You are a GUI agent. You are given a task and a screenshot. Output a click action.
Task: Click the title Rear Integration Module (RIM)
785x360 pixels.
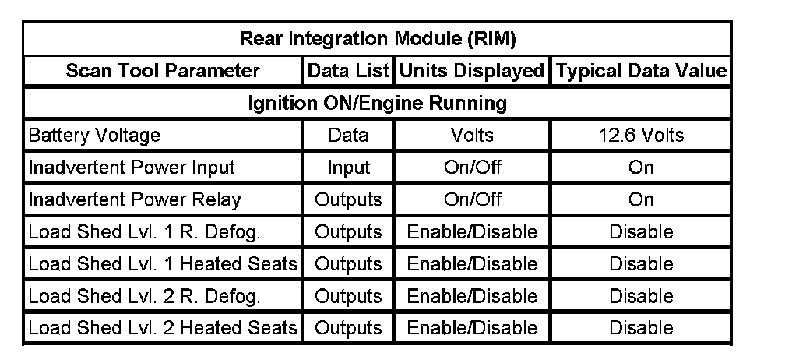378,39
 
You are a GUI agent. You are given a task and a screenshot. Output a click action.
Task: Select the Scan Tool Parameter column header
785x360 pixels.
163,71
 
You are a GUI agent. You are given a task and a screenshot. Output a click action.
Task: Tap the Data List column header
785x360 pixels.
348,71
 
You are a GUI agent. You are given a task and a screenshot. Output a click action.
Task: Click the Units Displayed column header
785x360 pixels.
472,71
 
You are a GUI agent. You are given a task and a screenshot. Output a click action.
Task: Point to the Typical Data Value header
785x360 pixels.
641,71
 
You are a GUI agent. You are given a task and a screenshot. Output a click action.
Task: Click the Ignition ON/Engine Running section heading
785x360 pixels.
378,103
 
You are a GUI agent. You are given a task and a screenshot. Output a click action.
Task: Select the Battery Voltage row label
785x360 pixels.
94,135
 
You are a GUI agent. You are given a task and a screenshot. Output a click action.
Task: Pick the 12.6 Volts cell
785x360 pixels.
641,135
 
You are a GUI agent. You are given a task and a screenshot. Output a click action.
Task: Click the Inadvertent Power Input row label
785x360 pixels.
132,168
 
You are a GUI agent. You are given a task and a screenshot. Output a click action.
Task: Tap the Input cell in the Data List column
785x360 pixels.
348,168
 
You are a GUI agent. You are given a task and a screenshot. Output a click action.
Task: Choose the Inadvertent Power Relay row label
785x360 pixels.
135,199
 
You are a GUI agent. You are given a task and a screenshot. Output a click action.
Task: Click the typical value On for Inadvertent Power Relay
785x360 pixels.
641,199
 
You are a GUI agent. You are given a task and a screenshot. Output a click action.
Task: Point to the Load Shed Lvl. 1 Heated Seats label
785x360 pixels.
163,264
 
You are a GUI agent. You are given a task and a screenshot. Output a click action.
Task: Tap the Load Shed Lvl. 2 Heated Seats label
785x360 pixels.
163,328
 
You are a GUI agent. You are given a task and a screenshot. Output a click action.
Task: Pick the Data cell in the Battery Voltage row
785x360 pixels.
348,135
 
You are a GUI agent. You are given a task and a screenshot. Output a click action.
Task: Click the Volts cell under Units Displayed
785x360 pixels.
472,135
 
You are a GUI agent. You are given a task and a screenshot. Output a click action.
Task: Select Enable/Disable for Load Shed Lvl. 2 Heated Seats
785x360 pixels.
472,328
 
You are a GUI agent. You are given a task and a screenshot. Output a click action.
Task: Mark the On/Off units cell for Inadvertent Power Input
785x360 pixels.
472,168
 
